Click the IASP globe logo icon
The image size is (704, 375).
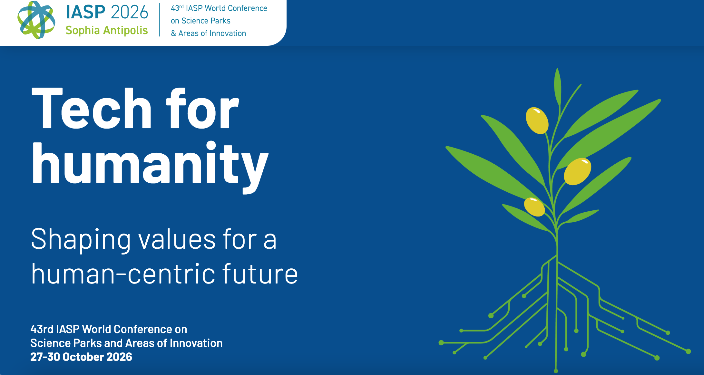click(36, 20)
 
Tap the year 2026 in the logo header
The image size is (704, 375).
click(130, 12)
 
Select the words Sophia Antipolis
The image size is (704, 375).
click(107, 31)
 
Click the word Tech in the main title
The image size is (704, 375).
click(92, 108)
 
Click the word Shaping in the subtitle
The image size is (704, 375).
click(81, 240)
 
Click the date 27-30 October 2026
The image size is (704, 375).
click(81, 357)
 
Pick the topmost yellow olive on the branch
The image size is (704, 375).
click(537, 120)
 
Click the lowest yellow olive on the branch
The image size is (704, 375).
click(534, 207)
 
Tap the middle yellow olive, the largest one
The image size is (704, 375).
click(577, 171)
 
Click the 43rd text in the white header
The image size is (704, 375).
click(177, 8)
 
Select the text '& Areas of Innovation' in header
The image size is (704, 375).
click(208, 33)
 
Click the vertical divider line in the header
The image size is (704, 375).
click(160, 20)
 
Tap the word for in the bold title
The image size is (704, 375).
click(203, 108)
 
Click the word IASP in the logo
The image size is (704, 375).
click(85, 12)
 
